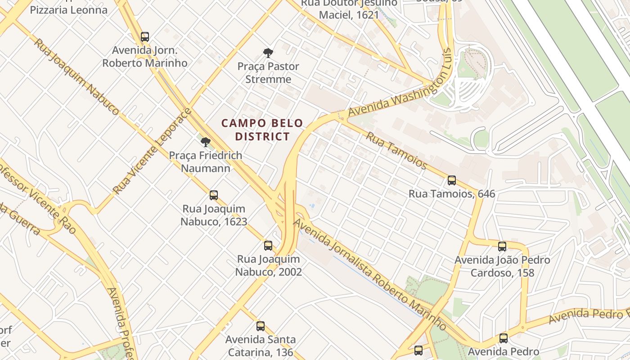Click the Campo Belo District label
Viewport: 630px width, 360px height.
tap(262, 130)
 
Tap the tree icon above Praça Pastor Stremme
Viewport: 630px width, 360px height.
tap(268, 53)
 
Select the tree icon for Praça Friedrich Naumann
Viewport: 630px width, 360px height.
tap(206, 143)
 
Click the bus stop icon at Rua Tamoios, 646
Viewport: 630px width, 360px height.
tap(452, 180)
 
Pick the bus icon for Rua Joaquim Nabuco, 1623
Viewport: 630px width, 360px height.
tap(214, 195)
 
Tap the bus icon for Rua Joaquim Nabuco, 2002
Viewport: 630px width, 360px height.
tap(268, 246)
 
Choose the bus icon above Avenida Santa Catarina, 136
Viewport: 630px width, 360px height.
tap(261, 326)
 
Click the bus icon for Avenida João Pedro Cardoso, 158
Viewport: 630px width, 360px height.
tap(502, 247)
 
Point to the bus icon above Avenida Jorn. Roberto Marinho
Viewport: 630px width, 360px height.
tap(145, 37)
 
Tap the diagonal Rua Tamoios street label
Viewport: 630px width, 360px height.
tap(396, 150)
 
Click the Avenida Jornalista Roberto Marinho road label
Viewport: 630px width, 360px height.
tap(370, 274)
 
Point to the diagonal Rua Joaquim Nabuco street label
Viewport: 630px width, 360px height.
tap(77, 76)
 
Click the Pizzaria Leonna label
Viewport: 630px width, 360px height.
tap(69, 9)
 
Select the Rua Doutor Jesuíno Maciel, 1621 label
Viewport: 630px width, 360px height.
tap(349, 9)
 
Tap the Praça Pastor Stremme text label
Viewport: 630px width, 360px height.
tap(268, 73)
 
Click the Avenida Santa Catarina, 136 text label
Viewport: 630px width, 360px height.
tap(261, 346)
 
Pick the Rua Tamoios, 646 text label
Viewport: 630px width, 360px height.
tap(452, 194)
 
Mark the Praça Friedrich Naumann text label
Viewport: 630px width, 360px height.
tap(206, 162)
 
